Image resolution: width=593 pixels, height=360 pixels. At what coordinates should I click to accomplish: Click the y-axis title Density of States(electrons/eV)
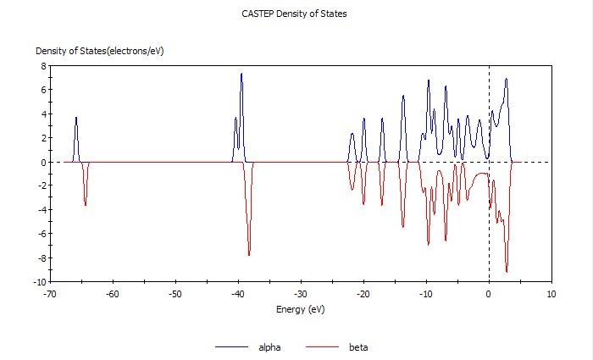coord(99,52)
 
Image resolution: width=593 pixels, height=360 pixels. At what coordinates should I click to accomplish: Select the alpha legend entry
coord(265,347)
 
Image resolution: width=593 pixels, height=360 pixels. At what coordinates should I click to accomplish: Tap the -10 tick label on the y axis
coord(37,282)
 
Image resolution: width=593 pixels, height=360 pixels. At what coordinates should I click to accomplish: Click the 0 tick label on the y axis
coord(42,162)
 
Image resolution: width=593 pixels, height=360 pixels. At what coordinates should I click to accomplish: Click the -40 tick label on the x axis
coord(237,294)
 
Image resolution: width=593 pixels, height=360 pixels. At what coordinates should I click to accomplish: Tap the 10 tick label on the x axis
coord(551,294)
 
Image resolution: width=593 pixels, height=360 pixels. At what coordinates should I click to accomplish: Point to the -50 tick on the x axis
coord(175,294)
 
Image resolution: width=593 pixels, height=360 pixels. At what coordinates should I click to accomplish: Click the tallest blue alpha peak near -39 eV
coord(241,74)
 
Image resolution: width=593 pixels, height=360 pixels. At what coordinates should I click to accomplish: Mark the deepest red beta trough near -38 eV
coord(249,255)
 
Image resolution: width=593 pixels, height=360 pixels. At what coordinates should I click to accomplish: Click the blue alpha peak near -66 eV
coord(76,118)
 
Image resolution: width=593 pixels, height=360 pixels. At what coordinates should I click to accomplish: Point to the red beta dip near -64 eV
coord(86,205)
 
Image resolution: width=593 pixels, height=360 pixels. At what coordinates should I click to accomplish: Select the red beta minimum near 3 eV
coord(507,272)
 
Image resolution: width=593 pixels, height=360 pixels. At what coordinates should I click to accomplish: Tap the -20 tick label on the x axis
coord(363,294)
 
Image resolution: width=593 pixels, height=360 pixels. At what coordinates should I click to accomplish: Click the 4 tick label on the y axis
coord(42,114)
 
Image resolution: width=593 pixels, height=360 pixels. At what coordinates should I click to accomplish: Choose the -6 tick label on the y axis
coord(39,234)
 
